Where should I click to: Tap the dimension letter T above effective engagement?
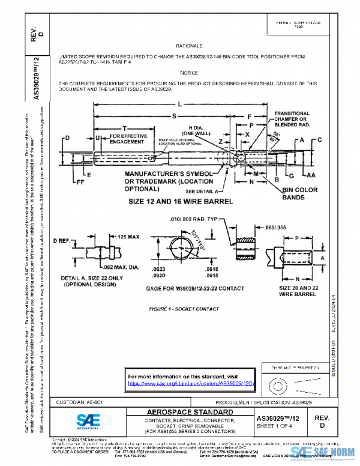pos(124,129)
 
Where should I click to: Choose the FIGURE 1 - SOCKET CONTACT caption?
pos(183,308)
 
